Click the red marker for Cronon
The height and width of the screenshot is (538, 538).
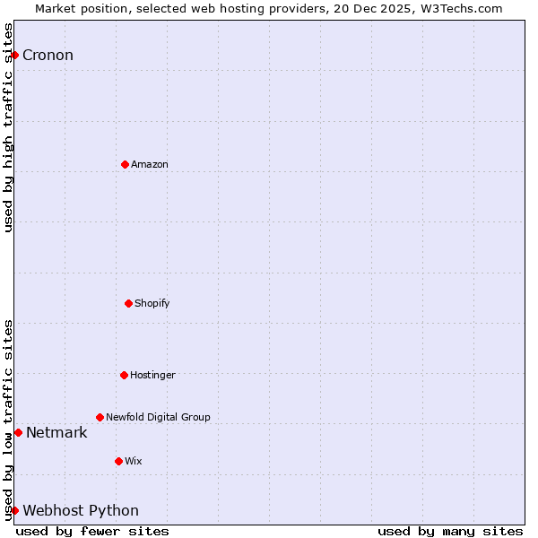point(14,56)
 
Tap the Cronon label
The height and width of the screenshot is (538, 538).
point(48,56)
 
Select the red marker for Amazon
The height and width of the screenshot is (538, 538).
point(125,164)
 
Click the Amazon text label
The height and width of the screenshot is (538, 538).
point(150,164)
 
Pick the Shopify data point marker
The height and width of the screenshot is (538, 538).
point(128,303)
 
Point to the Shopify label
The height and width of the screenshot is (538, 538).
point(152,303)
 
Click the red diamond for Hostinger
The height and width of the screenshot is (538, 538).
point(124,375)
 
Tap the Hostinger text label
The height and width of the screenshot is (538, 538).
point(152,375)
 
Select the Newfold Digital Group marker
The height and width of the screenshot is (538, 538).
point(100,417)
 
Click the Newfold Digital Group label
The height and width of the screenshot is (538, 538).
point(158,417)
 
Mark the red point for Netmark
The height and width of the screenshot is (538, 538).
point(18,433)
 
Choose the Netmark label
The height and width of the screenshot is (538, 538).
point(56,433)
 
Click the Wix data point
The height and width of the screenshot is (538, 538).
point(118,461)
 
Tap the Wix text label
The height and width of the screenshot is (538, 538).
point(134,461)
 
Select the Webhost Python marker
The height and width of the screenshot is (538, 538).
point(14,510)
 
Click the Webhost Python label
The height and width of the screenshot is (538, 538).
point(81,511)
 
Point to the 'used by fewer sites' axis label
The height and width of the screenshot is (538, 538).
point(92,531)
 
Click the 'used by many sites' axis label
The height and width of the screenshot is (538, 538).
point(450,531)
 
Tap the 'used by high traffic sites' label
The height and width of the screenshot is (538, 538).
point(8,127)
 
